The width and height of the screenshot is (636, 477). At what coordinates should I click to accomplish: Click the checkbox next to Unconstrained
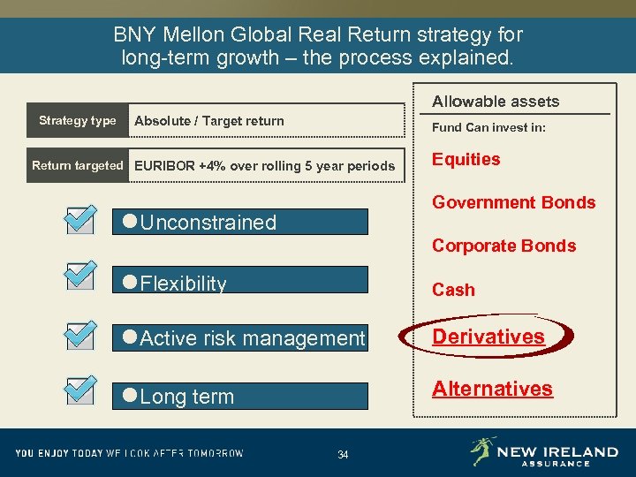pos(79,219)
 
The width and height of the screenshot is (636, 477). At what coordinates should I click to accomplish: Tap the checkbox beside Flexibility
pos(79,276)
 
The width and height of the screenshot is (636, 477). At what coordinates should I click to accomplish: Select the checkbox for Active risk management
pos(79,334)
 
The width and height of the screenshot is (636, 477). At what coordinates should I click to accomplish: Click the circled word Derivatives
pos(488,337)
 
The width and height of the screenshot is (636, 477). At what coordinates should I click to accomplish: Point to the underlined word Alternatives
pos(492,389)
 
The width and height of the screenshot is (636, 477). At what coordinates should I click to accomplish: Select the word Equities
pos(466,159)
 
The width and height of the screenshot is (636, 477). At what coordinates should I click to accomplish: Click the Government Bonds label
pos(513,202)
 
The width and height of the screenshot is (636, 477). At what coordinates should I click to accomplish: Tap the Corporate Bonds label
pos(503,246)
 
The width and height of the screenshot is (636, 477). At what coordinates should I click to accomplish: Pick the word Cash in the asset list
pos(453,290)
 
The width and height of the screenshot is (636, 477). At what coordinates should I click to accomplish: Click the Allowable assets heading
pos(495,102)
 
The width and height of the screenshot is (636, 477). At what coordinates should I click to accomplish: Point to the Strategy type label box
pos(78,121)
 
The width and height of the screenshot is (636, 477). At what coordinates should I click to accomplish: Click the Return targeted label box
pos(78,165)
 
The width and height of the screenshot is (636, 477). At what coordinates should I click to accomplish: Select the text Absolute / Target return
pos(209,121)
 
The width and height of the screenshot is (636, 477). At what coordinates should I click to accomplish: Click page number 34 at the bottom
pos(343,455)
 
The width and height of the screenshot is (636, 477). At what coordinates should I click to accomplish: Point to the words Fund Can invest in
pos(488,127)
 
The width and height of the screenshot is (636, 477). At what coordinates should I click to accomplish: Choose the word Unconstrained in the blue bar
pos(208,223)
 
